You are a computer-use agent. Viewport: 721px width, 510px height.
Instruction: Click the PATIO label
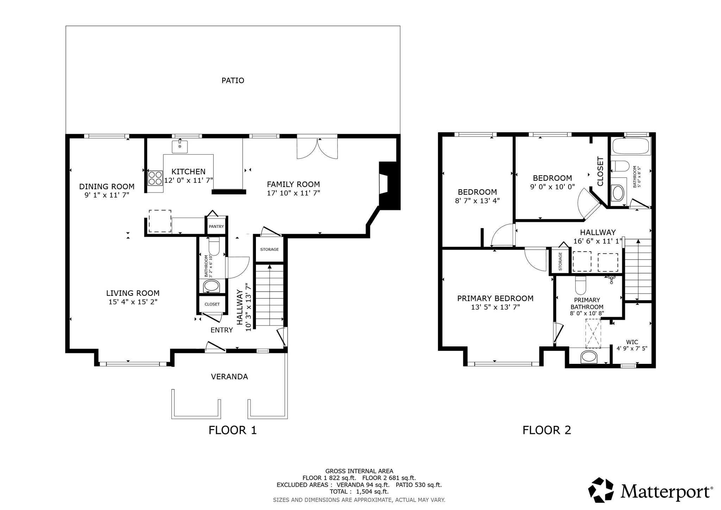coord(233,81)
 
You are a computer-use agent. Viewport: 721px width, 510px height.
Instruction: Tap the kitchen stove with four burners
coord(155,178)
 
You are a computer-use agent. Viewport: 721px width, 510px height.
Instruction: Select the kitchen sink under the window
coord(180,147)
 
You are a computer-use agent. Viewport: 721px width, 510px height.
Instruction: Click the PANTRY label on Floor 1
coord(216,226)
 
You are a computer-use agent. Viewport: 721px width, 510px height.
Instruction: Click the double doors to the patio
coord(318,148)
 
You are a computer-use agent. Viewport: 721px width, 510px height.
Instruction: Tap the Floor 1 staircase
coord(269,296)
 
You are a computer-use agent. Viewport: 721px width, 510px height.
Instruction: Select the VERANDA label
coord(230,377)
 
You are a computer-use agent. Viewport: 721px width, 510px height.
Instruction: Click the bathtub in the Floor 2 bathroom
coord(632,146)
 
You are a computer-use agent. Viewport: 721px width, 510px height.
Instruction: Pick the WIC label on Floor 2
coord(632,342)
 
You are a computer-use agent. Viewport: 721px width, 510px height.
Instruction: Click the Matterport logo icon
coord(602,490)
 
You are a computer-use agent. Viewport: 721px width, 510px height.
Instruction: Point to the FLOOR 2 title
coord(546,430)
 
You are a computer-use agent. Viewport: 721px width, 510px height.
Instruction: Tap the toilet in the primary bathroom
coord(580,285)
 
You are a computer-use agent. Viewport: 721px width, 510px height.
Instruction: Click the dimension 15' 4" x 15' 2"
coord(133,302)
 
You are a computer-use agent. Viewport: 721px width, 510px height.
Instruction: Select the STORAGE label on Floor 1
coord(269,249)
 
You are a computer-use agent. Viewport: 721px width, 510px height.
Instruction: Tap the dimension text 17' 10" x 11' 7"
coord(293,193)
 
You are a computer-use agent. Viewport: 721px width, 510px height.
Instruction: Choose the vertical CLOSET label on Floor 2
coord(601,171)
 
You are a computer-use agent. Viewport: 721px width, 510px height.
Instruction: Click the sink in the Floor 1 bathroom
coord(211,286)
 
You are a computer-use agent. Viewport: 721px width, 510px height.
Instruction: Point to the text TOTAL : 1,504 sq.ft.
coord(359,492)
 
